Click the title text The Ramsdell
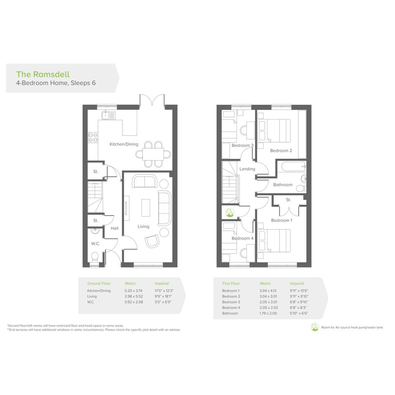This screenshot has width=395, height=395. tap(43, 74)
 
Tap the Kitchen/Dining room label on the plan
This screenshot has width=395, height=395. tap(124, 144)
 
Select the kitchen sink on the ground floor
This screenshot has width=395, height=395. tap(109, 115)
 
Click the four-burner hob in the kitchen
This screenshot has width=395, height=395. tap(93, 137)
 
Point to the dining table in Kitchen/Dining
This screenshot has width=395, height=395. tap(153, 154)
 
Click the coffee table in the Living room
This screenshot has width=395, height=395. tap(145, 208)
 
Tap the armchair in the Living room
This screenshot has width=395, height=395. tap(152, 241)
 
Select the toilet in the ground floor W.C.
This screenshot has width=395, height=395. tap(95, 257)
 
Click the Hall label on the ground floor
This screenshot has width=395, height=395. tap(115, 228)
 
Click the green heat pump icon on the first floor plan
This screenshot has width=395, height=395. tap(229, 212)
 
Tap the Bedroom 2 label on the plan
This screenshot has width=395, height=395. tap(281, 150)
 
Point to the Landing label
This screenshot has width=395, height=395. tap(247, 169)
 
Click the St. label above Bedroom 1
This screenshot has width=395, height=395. tap(288, 200)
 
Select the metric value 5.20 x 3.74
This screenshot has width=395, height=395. tap(133, 291)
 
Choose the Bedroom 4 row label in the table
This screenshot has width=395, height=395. tap(231, 308)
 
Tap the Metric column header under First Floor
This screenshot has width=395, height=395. tap(265, 283)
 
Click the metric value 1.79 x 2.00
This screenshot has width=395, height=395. tap(268, 313)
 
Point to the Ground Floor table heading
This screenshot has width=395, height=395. tap(99, 283)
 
